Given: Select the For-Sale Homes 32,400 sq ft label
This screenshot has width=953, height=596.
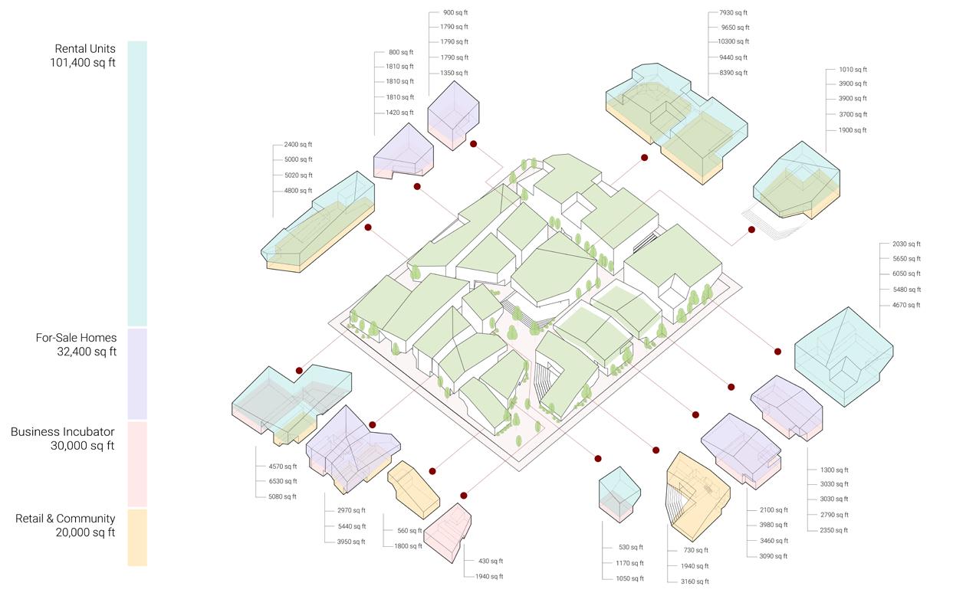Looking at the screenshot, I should [x=76, y=345].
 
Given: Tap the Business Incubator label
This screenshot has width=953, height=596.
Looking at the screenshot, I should [x=63, y=439].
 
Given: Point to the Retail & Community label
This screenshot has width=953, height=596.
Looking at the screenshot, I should [x=65, y=526].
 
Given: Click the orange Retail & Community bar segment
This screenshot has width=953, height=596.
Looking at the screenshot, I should [x=137, y=537].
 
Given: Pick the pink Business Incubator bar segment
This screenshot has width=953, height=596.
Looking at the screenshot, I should [x=137, y=463].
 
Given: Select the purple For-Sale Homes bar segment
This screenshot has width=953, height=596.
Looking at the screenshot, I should [x=137, y=374].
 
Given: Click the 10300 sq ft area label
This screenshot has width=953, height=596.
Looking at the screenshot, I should [x=733, y=41].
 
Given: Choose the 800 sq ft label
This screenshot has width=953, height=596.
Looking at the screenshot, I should [x=401, y=52].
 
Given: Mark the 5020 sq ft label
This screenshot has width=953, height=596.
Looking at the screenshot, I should [x=298, y=175].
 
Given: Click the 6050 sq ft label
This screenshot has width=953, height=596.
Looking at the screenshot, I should [x=906, y=273].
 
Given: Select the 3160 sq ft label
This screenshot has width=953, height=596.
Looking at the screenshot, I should [x=695, y=581].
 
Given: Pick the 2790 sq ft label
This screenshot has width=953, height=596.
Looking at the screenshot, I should [x=834, y=515].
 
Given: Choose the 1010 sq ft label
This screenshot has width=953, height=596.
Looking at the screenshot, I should [x=853, y=69].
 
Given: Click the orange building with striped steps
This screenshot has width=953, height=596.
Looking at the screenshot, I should [x=696, y=495].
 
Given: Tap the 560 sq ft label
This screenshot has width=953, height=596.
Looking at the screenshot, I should [x=409, y=530].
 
